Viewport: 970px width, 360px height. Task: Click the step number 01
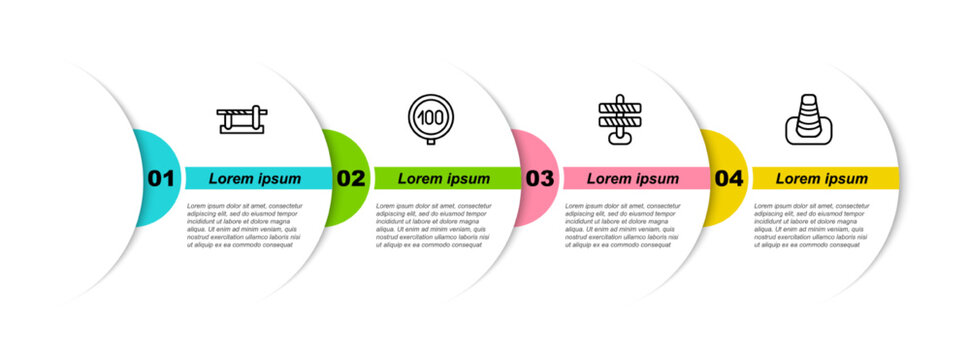pyautogui.click(x=161, y=179)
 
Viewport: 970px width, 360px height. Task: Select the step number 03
pyautogui.click(x=539, y=179)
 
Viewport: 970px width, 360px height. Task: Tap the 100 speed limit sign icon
pyautogui.click(x=432, y=119)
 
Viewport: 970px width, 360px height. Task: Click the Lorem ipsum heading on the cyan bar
pyautogui.click(x=255, y=179)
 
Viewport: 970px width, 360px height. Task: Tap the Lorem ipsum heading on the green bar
pyautogui.click(x=444, y=179)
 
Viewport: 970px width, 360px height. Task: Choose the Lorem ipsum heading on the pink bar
pyautogui.click(x=633, y=179)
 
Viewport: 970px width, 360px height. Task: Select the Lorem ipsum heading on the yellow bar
pyautogui.click(x=822, y=179)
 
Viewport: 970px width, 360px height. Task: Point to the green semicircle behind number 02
pyautogui.click(x=345, y=150)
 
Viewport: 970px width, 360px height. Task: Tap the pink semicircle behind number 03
pyautogui.click(x=535, y=150)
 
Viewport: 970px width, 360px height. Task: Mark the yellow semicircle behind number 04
pyautogui.click(x=726, y=150)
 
